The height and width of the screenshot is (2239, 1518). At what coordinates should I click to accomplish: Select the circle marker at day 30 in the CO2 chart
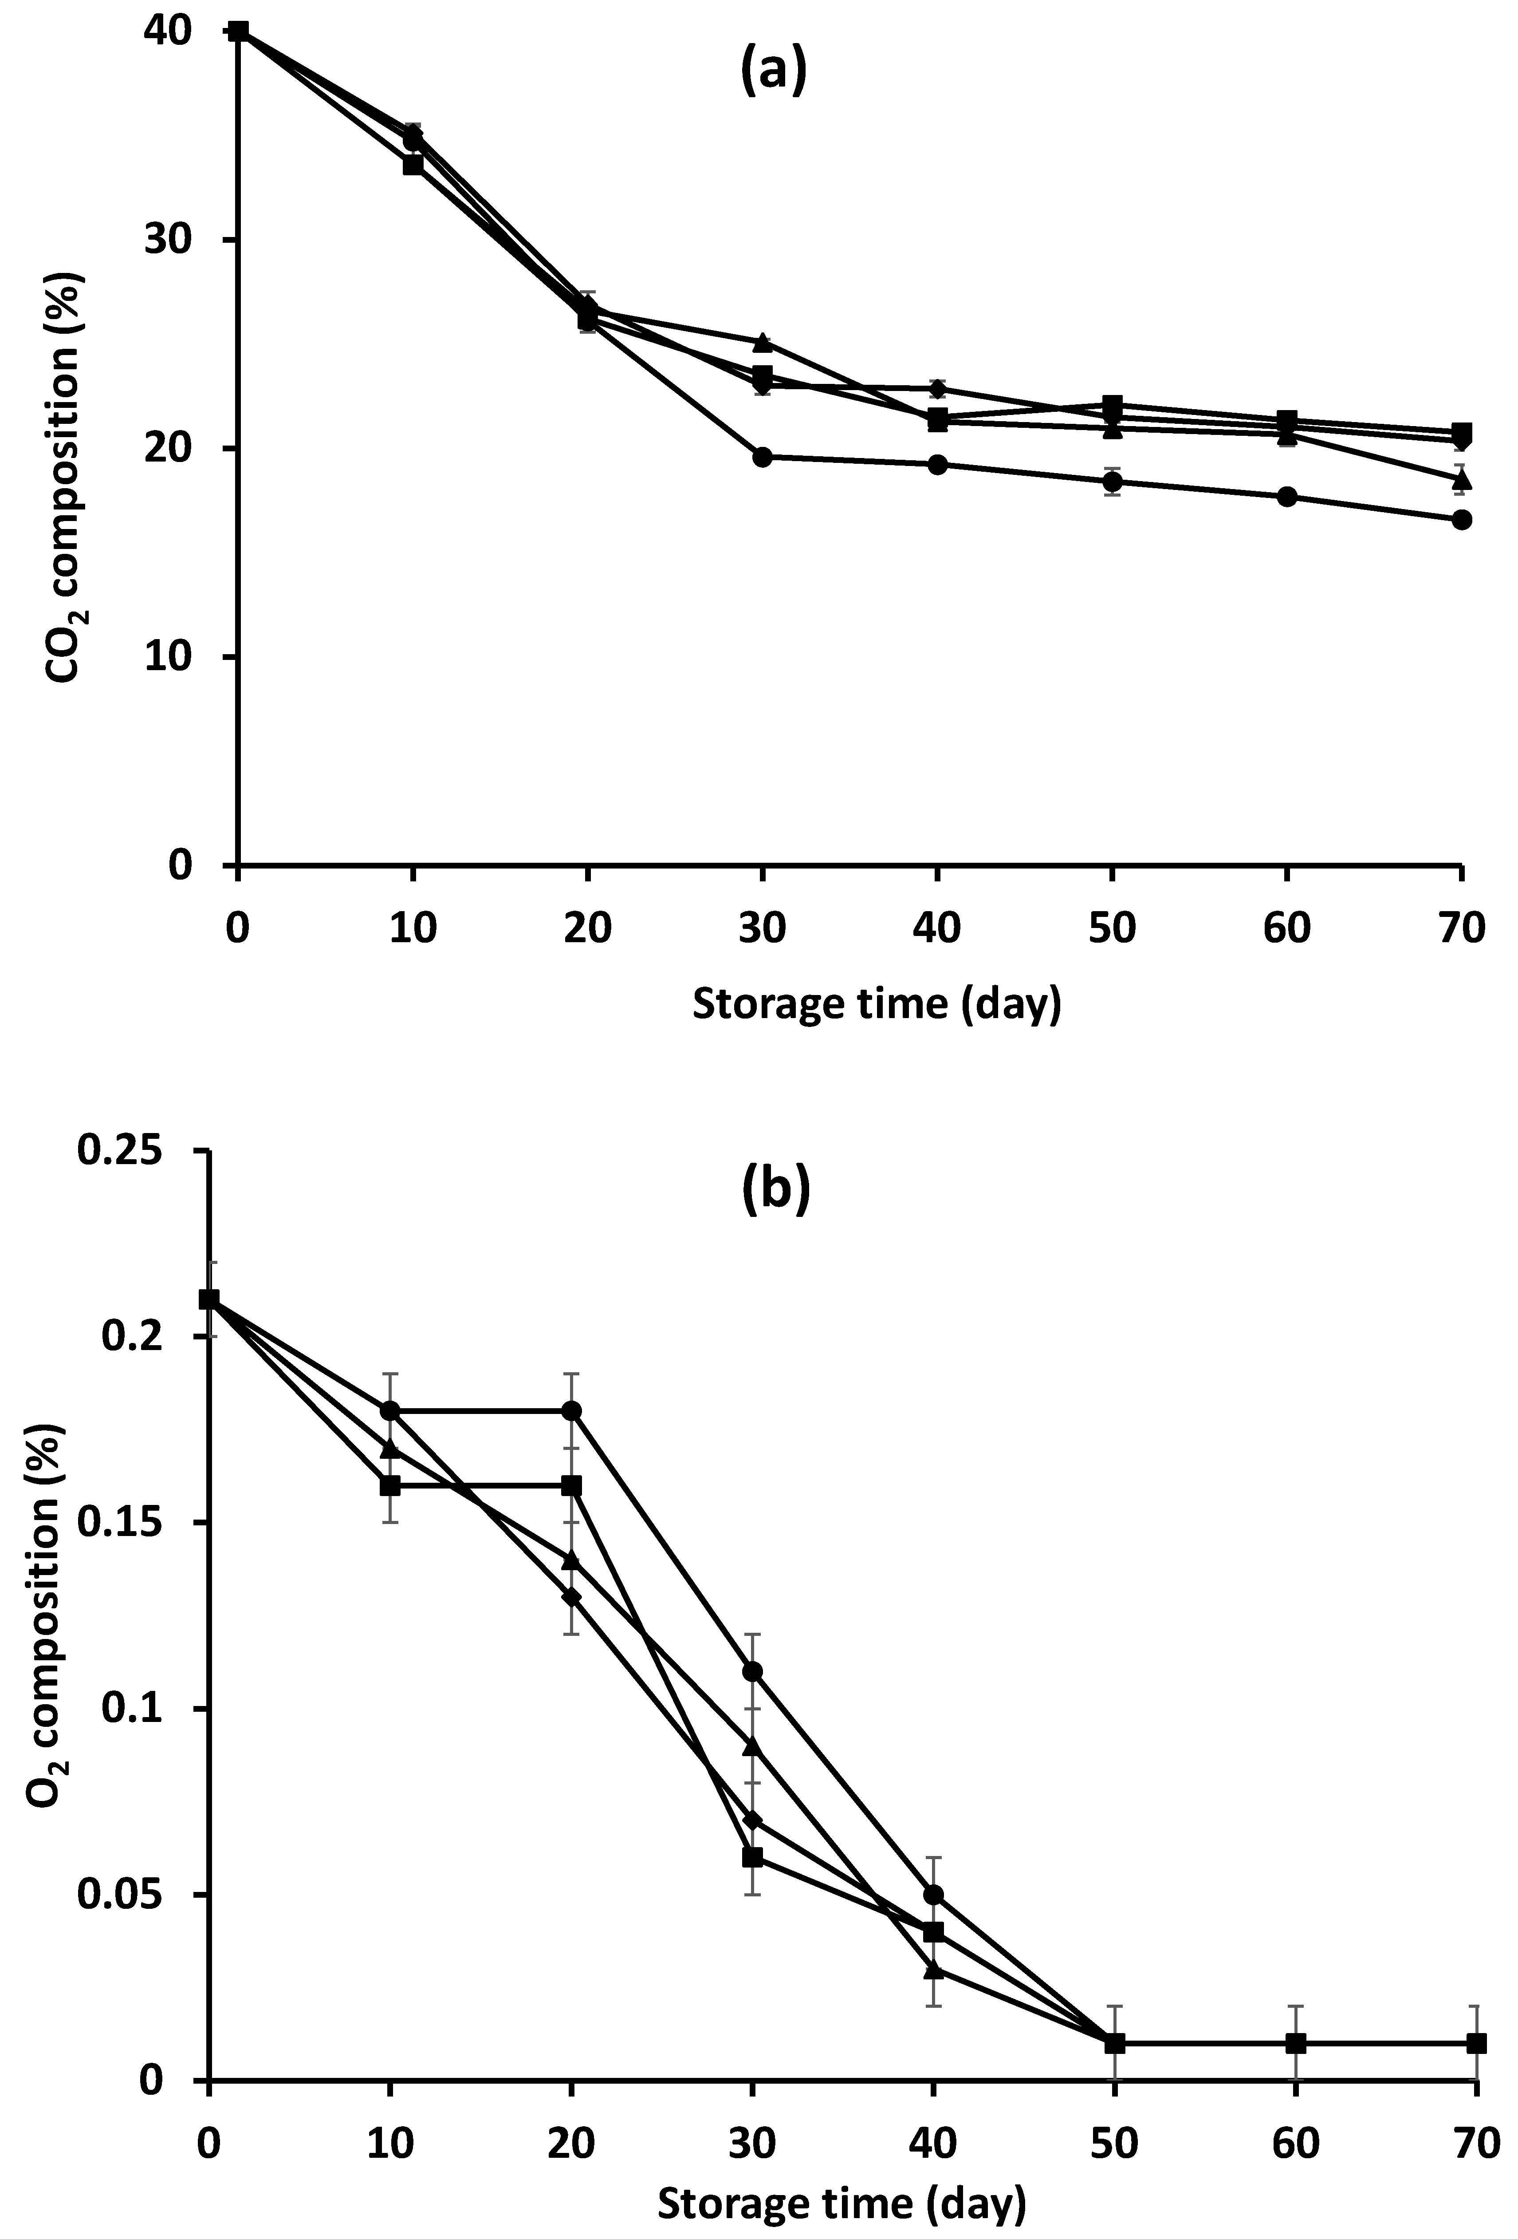(762, 457)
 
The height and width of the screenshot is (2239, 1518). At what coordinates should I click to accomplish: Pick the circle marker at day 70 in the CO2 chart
(1461, 520)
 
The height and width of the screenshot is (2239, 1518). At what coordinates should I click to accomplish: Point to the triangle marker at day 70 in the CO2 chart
(1461, 479)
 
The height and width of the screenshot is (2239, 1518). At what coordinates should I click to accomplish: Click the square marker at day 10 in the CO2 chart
(412, 165)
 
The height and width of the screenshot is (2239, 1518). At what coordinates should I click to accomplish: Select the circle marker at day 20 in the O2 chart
(571, 1410)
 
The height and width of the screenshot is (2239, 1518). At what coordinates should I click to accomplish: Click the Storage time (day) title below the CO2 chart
(877, 1004)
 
